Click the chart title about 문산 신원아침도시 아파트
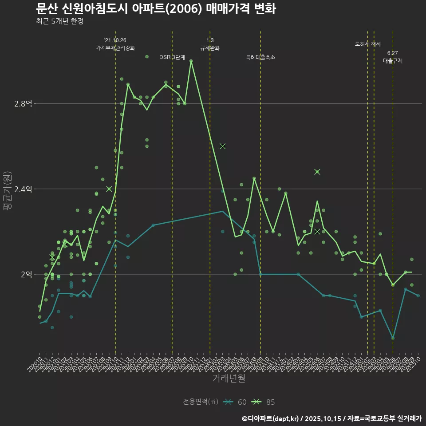pos(156,9)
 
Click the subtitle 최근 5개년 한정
pos(59,21)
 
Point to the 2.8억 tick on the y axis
pos(23,104)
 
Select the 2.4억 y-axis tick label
pos(23,189)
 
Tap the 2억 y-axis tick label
pos(26,274)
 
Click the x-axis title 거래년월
pos(229,379)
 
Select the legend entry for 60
pos(235,402)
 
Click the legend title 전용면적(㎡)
pos(201,402)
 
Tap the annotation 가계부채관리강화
pos(115,48)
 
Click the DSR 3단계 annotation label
pos(172,57)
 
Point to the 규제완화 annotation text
pos(210,48)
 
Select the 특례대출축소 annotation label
pos(260,57)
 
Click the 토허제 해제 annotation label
pos(368,44)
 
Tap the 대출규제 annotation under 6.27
pos(393,61)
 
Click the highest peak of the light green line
pos(191,61)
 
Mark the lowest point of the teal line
pos(393,338)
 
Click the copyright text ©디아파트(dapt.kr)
pos(271,418)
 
